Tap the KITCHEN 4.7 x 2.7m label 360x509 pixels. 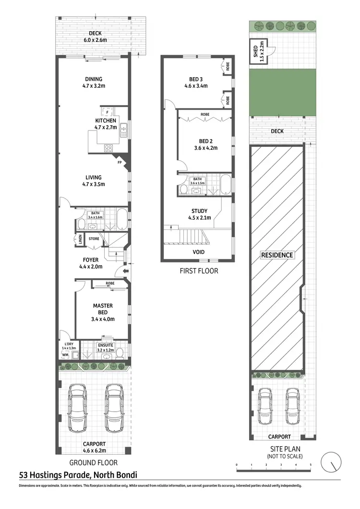coord(106,124)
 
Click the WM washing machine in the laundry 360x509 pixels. coord(65,355)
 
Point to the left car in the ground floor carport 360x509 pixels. coord(78,408)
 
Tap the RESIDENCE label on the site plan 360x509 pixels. coord(277,255)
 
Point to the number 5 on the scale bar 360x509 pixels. coord(311,465)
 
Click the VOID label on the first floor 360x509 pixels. coord(199,252)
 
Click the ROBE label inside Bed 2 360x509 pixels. coord(205,115)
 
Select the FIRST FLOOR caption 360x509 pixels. coord(198,271)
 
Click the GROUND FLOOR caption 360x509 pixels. coord(94,463)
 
